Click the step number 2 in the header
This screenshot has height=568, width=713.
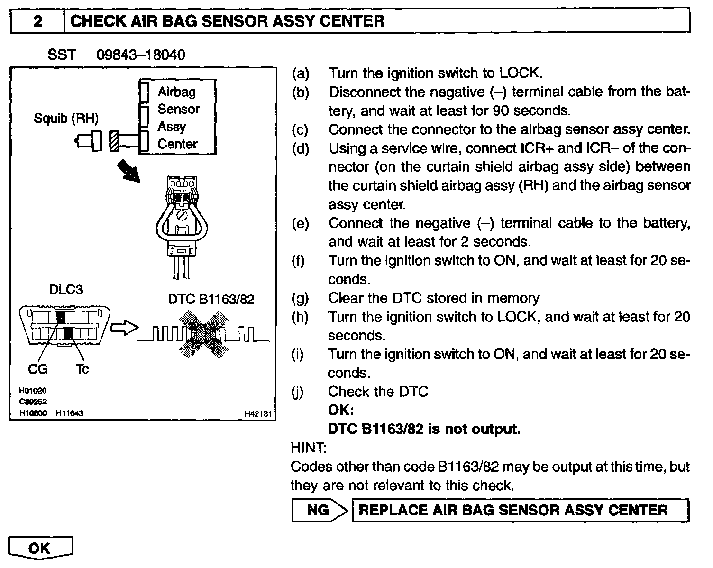(x=38, y=21)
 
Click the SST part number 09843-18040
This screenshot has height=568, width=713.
(x=140, y=55)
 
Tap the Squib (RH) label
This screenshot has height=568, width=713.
(x=66, y=118)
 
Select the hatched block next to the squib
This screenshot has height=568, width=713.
(x=114, y=141)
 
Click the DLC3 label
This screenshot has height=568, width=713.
(x=66, y=290)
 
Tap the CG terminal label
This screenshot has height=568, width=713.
(x=38, y=368)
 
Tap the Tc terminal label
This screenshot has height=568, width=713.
(x=82, y=368)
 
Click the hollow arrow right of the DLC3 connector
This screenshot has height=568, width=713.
(x=123, y=328)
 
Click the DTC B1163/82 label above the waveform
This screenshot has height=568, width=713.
(x=211, y=299)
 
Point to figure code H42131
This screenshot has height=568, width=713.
(x=257, y=414)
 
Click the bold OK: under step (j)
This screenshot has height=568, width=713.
(x=341, y=410)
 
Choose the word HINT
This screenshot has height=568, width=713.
(x=308, y=447)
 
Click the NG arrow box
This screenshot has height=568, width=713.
(x=320, y=510)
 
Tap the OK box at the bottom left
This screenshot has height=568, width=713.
(x=40, y=548)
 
